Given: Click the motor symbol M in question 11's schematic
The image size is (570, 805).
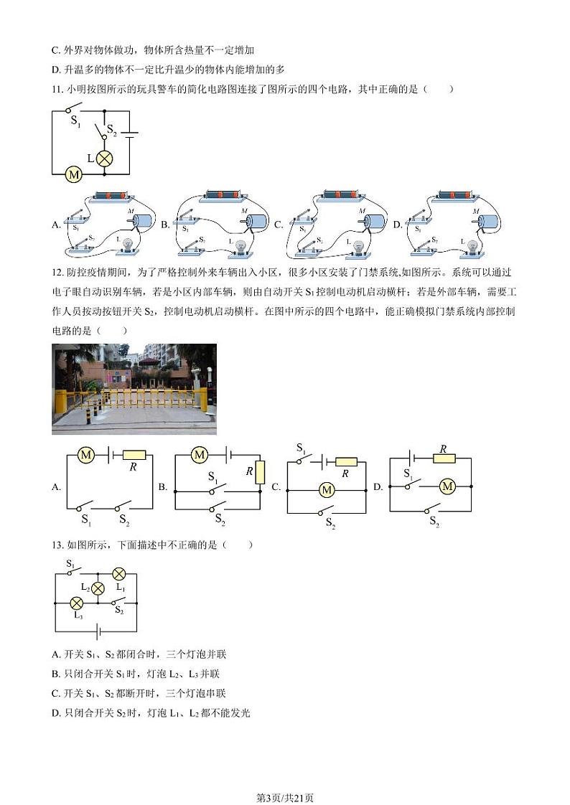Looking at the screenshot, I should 73,174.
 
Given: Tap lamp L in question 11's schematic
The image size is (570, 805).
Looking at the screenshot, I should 105,159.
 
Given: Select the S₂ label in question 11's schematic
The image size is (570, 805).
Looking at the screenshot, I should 111,131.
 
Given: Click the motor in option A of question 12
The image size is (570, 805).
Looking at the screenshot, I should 86,455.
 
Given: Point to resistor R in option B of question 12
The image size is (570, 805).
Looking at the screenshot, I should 260,472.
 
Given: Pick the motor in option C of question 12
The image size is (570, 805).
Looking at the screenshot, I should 327,489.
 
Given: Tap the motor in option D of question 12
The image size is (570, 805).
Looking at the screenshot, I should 447,486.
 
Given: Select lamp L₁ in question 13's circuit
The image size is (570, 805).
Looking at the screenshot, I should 119,574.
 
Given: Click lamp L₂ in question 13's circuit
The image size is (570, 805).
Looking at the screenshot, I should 98,588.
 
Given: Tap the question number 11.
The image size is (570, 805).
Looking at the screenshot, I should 57,89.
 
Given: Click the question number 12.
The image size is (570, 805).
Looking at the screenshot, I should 57,292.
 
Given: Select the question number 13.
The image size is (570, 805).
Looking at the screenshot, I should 57,545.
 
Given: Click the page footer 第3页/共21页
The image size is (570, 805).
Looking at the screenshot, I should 285,778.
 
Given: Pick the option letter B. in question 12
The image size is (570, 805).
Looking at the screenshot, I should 163,487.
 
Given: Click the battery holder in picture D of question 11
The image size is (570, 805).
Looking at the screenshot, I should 456,195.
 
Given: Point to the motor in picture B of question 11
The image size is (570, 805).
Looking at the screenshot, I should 257,222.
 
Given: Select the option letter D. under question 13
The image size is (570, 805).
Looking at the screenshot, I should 57,712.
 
